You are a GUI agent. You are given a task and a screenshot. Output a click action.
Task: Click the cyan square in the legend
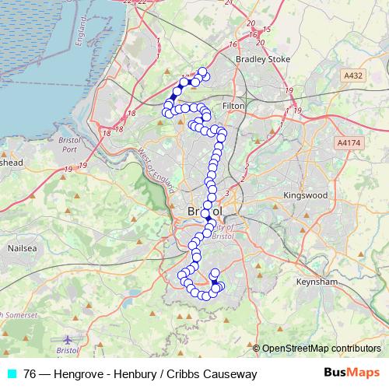[11, 374]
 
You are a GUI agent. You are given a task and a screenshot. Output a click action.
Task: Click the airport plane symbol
[68, 340]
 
